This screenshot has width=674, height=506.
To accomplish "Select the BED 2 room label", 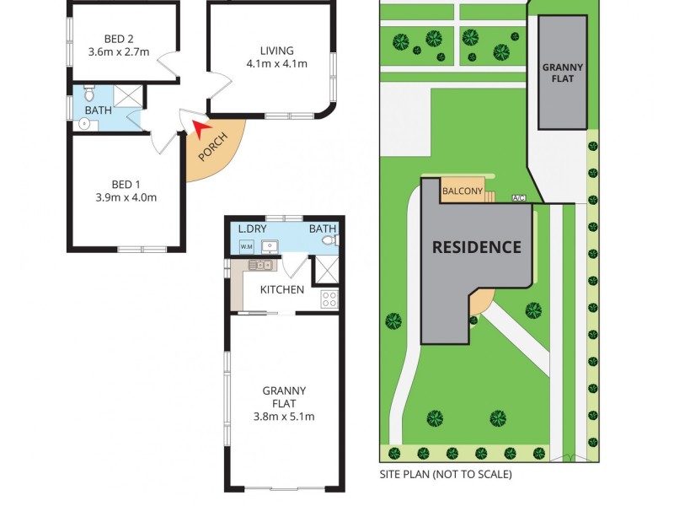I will tap(119, 38).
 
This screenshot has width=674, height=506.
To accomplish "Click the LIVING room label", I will tap(276, 50).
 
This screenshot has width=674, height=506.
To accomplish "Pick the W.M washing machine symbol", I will tap(247, 246).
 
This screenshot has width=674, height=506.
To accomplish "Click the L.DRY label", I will tap(253, 229).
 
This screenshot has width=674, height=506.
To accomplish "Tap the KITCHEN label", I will tap(281, 289).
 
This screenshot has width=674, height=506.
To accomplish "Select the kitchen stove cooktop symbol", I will tap(329, 298).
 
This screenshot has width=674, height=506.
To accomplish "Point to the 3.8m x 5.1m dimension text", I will tap(284, 416).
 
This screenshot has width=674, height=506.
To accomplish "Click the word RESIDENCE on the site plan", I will tap(477, 247).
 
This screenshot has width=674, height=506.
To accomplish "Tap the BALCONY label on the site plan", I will tap(463, 191).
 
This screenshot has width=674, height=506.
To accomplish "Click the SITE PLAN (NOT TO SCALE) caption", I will tap(446, 474).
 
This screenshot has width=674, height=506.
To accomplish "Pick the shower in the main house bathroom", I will tap(127, 95).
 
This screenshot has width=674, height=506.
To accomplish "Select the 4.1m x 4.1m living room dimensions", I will tap(276, 63).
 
